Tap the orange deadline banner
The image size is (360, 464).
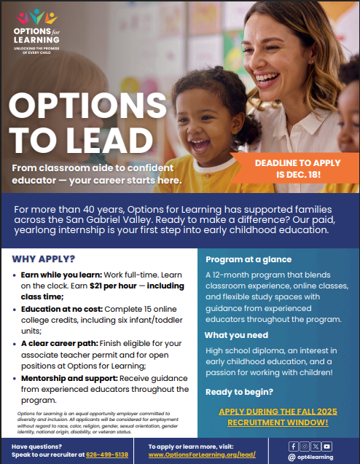point(296,170)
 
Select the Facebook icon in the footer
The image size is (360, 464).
point(293,445)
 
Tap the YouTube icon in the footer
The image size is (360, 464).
point(326,445)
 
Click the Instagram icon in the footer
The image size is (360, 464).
point(304,445)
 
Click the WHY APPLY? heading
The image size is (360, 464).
point(43,259)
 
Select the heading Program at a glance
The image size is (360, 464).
point(248,259)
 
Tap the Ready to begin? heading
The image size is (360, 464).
point(241,390)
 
